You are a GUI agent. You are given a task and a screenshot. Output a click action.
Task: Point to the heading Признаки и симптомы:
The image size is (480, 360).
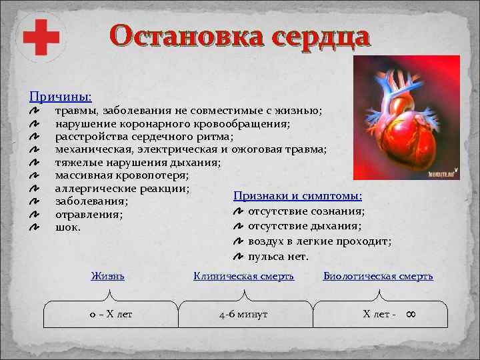(x=297, y=196)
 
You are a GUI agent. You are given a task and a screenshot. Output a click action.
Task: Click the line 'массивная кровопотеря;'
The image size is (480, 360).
(x=121, y=175)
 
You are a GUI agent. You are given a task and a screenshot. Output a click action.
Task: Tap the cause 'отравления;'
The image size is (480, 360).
(x=89, y=215)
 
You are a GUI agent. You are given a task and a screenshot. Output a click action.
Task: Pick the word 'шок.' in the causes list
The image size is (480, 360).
(x=68, y=227)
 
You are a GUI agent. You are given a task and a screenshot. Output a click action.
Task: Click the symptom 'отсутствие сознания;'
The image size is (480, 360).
(x=306, y=211)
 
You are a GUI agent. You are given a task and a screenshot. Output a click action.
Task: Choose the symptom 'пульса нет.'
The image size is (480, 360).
(x=278, y=256)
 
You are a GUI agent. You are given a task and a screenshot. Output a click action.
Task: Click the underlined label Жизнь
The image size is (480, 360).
(x=107, y=275)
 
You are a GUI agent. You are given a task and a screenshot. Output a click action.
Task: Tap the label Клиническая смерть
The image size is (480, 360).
(x=243, y=275)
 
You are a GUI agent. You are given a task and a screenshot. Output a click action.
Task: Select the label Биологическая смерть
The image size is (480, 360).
(x=378, y=275)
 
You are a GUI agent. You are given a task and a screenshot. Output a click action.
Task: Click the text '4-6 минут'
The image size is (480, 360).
(x=243, y=314)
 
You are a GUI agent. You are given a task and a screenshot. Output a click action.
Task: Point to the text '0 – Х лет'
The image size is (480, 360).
(x=111, y=314)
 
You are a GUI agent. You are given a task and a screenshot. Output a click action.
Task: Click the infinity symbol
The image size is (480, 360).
(x=411, y=313)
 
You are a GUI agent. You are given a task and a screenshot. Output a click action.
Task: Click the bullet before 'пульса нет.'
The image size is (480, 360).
(x=239, y=257)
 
